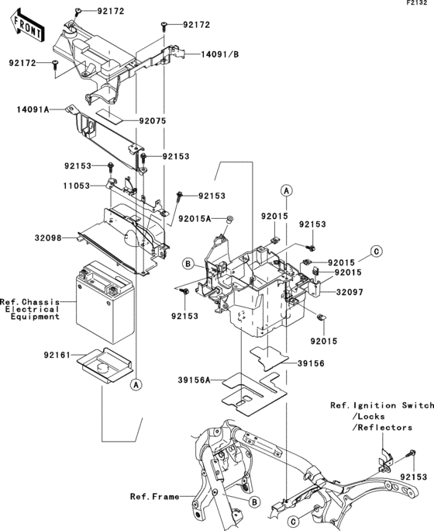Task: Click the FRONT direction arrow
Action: click(28, 26)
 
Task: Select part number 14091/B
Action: click(219, 54)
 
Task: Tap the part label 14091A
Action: click(33, 109)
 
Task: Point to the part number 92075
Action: click(153, 121)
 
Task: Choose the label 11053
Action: click(77, 186)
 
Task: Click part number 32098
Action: click(48, 238)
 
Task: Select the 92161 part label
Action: click(57, 356)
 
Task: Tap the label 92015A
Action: click(195, 219)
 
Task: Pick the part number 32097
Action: click(350, 292)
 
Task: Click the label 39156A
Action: click(194, 380)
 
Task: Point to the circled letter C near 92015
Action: click(376, 252)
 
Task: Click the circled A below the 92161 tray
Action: click(136, 385)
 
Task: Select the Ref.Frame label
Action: click(155, 497)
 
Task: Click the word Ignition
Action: click(375, 405)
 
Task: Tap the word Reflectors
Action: click(385, 428)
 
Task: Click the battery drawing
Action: click(105, 302)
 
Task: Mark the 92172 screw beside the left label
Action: click(55, 64)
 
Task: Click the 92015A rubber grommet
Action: click(230, 219)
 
